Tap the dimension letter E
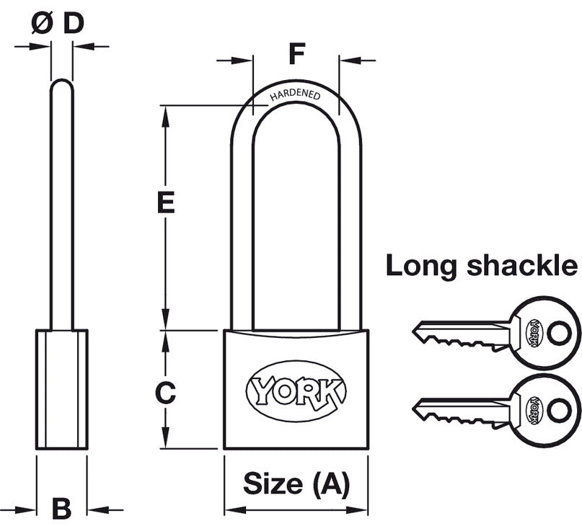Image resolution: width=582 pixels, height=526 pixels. pos(166,203)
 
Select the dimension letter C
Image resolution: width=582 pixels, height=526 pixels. pos(166,393)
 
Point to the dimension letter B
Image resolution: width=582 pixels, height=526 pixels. pos(62,509)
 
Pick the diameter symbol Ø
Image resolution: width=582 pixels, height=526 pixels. pos(43,23)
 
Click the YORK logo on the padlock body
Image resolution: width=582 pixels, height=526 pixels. pos(296,391)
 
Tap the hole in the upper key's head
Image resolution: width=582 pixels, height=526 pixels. pos(557,333)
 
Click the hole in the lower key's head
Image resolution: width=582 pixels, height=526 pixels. pos(557,410)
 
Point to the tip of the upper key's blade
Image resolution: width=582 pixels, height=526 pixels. pos(415,331)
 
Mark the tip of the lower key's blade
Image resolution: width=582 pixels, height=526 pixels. pos(415,409)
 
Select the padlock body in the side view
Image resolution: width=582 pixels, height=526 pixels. pos(62,390)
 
